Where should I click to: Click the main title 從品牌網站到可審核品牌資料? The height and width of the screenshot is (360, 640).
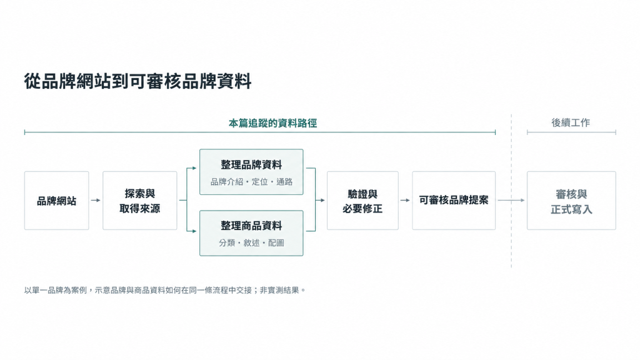point(137,81)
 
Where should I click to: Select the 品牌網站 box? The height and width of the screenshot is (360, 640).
point(57,201)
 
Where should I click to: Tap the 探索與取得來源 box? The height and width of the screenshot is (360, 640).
point(140,201)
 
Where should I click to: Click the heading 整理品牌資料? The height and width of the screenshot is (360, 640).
point(251,165)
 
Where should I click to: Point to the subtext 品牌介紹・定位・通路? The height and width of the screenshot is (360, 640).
point(251,182)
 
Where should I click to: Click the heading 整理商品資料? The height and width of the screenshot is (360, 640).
point(251,226)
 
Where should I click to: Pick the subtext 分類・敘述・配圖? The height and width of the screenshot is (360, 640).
point(251,243)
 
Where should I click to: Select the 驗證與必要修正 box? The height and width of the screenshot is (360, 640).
point(362,201)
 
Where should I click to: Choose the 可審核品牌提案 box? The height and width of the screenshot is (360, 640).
point(454,201)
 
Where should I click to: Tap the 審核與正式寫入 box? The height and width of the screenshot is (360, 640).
point(571,201)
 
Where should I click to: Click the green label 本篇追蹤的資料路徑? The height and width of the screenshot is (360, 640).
point(272,123)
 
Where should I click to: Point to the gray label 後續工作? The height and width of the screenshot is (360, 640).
point(571,122)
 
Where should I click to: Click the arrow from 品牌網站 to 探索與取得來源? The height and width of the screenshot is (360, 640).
point(96,201)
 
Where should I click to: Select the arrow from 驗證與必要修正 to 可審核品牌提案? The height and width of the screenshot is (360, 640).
point(405,201)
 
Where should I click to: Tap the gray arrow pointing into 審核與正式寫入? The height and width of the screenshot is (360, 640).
point(511,201)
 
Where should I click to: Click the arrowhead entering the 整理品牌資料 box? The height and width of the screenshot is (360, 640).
point(195,168)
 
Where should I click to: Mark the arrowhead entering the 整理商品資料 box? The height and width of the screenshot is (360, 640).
point(195,231)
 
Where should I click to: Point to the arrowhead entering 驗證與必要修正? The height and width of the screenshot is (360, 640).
point(322,201)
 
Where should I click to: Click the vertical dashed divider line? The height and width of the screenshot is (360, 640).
point(511,191)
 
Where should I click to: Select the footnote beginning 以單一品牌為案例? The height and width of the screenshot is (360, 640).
point(165,290)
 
